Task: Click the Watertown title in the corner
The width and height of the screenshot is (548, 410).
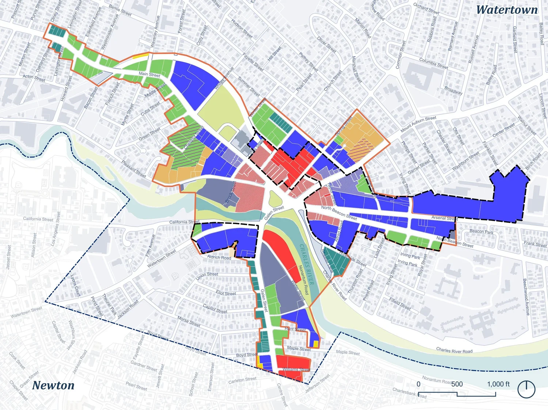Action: point(507,10)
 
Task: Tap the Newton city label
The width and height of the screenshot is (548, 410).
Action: point(53,385)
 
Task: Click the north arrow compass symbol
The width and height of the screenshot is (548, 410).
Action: point(526,389)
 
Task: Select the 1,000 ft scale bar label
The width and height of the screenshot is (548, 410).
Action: point(498,384)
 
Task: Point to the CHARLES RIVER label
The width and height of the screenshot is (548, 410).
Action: point(307,264)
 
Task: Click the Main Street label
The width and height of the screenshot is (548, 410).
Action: point(149,74)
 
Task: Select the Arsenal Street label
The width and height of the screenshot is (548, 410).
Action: point(444,218)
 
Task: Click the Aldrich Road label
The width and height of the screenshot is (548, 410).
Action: point(219,257)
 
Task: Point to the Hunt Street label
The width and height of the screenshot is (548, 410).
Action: point(295,329)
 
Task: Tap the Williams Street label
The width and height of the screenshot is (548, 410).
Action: point(296,369)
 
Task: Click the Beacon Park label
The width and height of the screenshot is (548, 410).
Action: point(481,232)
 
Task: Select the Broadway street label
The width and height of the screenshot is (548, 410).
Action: point(453,91)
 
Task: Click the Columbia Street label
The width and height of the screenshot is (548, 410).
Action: point(433,63)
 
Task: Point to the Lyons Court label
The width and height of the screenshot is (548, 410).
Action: point(75,285)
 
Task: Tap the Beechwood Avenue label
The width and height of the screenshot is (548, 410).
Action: point(526,297)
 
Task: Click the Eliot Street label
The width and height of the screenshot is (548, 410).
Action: point(226,293)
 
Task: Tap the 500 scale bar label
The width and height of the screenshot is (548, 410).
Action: point(457,384)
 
